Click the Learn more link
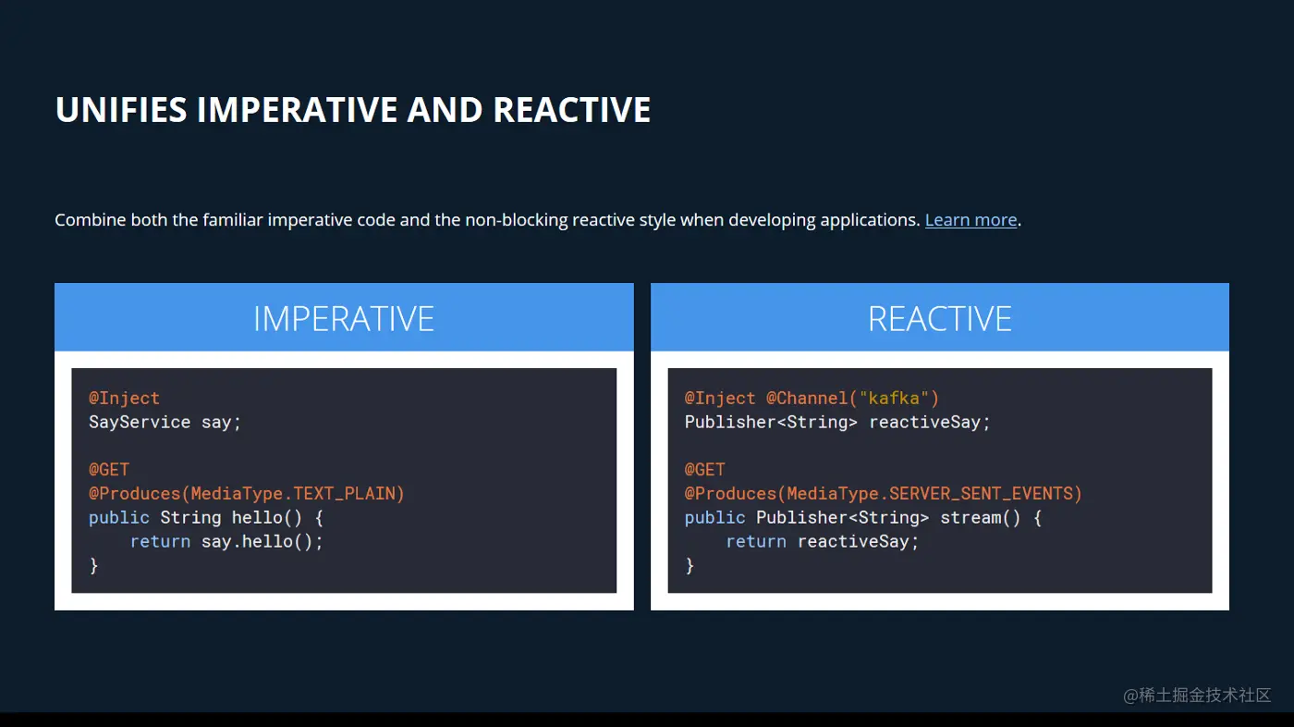click(970, 220)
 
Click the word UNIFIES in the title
click(121, 110)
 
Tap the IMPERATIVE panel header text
click(344, 318)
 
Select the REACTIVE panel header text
click(940, 318)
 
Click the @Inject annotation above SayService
click(124, 398)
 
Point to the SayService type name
click(140, 423)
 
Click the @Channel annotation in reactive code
click(806, 398)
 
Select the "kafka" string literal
click(894, 398)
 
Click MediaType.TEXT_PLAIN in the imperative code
click(293, 494)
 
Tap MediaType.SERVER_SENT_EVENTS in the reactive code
click(930, 494)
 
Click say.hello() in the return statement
click(257, 542)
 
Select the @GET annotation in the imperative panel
click(109, 469)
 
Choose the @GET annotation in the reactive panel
click(704, 469)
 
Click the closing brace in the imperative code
click(93, 566)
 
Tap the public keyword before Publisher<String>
click(715, 518)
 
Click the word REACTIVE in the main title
click(572, 110)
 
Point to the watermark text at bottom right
click(1197, 695)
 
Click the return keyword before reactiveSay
click(756, 542)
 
